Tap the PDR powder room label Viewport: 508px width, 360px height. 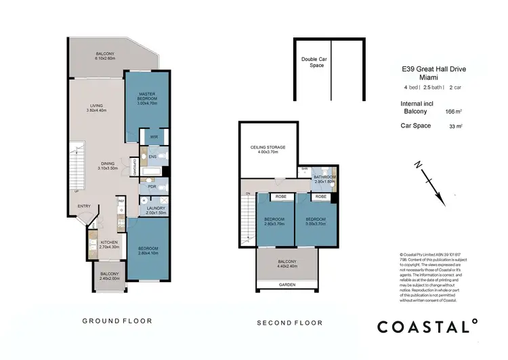(x=153, y=186)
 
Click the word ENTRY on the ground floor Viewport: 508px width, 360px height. (x=84, y=206)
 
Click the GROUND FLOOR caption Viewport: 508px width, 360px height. (x=117, y=321)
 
